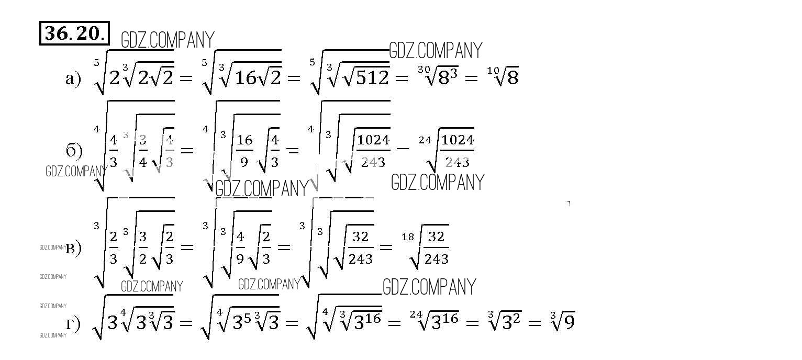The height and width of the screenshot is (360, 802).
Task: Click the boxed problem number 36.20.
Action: click(75, 33)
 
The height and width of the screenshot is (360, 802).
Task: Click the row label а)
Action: click(73, 78)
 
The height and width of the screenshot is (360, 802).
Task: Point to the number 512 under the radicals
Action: click(370, 78)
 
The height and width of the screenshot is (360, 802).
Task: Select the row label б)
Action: click(74, 151)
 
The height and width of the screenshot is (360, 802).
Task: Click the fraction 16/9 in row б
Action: click(244, 151)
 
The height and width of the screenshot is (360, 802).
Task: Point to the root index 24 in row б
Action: click(425, 140)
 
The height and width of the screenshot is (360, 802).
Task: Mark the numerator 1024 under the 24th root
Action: click(458, 140)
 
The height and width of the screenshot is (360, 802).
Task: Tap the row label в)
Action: click(73, 248)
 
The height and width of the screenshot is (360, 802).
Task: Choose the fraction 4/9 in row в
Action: click(240, 248)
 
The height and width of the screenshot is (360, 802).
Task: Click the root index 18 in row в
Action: click(408, 237)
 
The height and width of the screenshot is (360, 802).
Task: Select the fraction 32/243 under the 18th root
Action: click(436, 248)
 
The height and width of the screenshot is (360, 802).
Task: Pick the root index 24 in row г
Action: click(416, 314)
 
